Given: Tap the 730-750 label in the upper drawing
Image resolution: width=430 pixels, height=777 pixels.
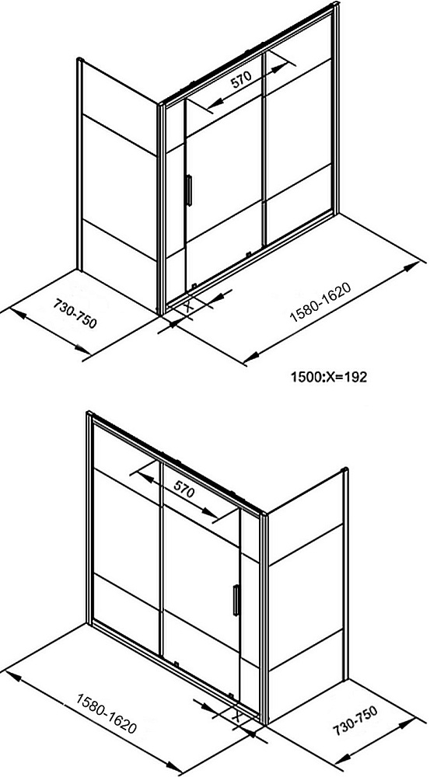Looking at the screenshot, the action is (75, 314).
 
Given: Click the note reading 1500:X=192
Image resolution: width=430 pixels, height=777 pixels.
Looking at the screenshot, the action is (328, 377).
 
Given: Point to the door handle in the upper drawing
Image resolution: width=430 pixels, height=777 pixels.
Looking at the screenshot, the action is (188, 190).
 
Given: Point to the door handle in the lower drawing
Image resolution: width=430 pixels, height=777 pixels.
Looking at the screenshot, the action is (236, 600).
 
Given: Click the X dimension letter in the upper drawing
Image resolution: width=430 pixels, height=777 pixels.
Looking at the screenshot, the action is (188, 305).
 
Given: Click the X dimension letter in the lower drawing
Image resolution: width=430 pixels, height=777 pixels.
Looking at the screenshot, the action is (237, 716).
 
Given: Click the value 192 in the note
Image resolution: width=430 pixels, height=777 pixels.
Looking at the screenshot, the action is (356, 377).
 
